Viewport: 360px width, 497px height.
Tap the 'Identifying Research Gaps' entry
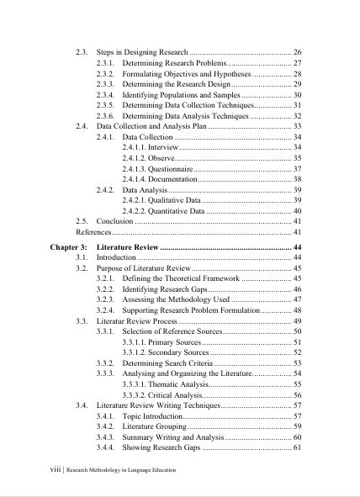[x=166, y=288]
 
